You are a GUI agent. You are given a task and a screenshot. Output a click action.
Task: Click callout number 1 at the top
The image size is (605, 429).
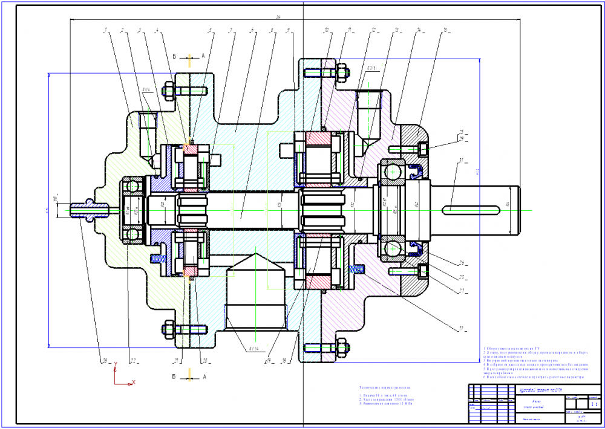coord(105,30)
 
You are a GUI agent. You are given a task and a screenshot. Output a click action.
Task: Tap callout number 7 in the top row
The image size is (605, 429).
coord(231,30)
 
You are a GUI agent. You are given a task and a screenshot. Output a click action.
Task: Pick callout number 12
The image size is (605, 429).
coord(374,30)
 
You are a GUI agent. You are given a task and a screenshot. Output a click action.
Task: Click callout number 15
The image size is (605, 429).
coord(445,30)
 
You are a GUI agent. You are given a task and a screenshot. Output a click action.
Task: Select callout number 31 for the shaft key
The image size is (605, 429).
coord(462,160)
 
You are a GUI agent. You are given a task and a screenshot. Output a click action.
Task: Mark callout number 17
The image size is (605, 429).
coord(461,329)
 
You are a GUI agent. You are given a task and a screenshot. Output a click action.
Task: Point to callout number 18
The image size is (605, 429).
coord(284,361)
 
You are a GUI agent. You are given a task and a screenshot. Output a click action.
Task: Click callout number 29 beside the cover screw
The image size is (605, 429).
coord(461,139)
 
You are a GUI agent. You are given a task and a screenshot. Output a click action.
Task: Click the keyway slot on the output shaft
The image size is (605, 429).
coord(473,210)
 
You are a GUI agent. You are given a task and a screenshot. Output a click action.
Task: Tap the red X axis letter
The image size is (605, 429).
coord(134,382)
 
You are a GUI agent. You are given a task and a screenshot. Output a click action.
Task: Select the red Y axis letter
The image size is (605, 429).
coord(115,365)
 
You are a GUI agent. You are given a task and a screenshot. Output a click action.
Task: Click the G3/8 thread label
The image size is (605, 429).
coord(372,69)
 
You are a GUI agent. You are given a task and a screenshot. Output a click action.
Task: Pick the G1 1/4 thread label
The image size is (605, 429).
coord(252,349)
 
